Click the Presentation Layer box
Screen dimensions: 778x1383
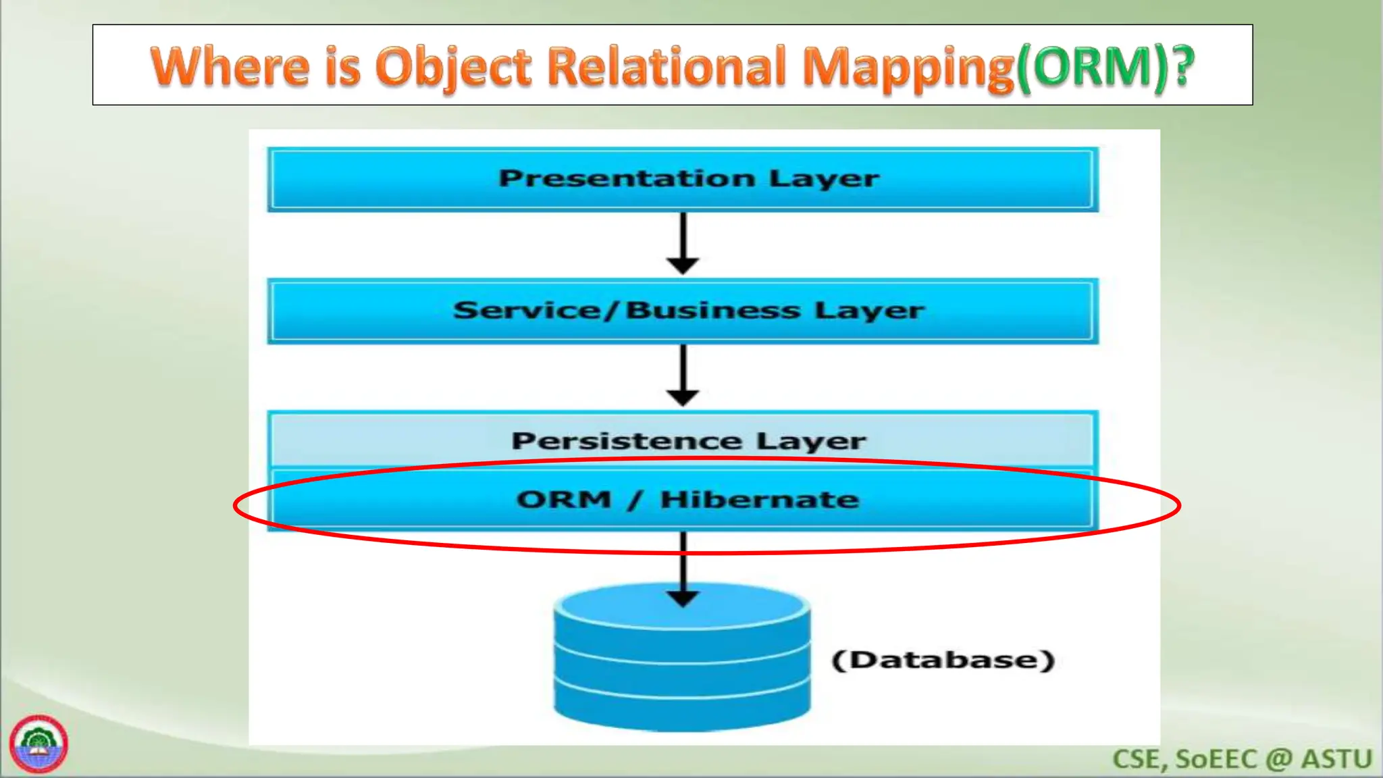[682, 179]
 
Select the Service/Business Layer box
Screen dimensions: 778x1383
[682, 311]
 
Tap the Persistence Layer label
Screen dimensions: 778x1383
[687, 441]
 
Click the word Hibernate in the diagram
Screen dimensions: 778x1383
[759, 500]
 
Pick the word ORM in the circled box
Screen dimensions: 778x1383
[564, 500]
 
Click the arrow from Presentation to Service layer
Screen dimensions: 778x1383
[683, 243]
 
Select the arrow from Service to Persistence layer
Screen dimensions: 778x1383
[683, 375]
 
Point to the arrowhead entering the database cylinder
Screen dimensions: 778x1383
[683, 598]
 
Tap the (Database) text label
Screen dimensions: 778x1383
[943, 660]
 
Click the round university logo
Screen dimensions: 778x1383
[38, 744]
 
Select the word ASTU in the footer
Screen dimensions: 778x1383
[1336, 759]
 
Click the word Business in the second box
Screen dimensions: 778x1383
[712, 311]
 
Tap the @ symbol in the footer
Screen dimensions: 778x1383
[1278, 759]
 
